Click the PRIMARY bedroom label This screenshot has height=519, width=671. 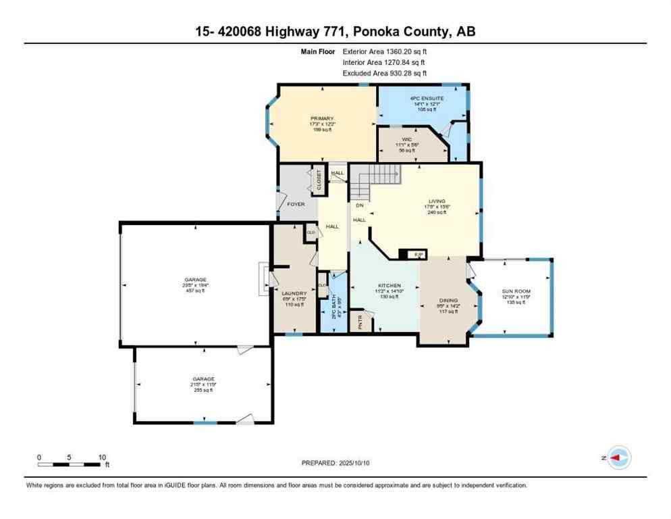point(323,118)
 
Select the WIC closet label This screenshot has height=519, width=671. point(407,139)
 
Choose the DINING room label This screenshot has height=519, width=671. point(448,301)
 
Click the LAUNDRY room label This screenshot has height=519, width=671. point(294,293)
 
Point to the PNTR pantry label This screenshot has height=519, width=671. point(360,320)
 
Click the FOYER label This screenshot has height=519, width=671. point(296,203)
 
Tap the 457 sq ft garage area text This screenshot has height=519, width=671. point(196,291)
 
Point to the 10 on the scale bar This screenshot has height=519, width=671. point(102,457)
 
